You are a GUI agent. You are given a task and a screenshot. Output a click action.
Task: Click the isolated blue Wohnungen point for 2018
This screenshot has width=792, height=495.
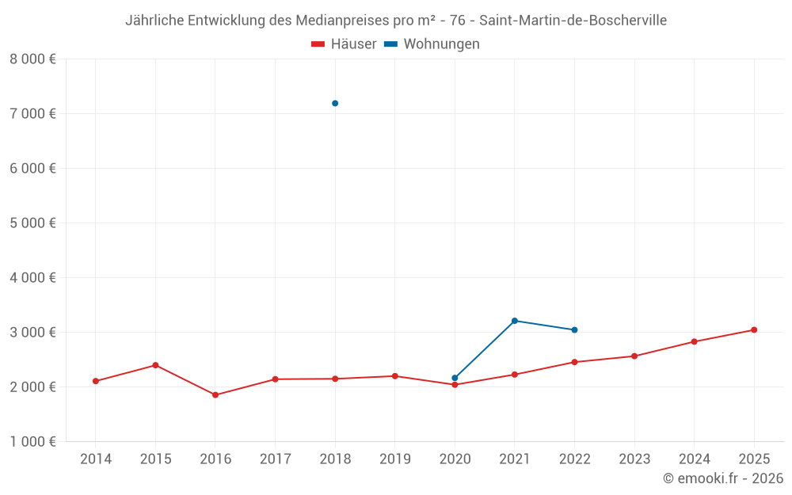tap(335, 103)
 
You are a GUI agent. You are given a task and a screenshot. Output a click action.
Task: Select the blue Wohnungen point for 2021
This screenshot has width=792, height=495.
tap(515, 321)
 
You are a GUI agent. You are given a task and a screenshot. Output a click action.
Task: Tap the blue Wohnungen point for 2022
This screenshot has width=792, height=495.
tap(574, 329)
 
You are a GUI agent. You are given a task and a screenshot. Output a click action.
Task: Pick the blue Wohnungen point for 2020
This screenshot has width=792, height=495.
tap(455, 378)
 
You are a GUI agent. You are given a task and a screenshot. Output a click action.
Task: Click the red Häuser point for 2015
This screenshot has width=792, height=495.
tap(155, 365)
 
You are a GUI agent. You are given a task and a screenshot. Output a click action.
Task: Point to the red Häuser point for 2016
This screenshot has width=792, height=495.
tap(215, 394)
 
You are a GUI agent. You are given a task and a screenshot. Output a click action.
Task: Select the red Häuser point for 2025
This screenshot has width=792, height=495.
tap(754, 329)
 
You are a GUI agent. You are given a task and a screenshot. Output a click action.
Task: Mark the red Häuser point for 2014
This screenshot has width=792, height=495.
tap(96, 381)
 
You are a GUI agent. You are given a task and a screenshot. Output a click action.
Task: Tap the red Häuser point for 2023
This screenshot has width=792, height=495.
tap(634, 356)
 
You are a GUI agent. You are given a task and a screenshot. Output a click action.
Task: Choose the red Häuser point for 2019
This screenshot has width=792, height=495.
tap(394, 376)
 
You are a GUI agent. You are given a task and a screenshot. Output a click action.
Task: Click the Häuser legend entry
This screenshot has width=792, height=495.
tap(344, 44)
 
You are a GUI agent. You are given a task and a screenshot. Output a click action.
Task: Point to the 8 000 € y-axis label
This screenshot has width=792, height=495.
tap(32, 59)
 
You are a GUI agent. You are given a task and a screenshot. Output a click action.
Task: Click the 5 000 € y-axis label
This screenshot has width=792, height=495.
tap(32, 223)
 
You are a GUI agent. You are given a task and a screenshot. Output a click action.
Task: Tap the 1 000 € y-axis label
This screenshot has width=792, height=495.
tap(32, 441)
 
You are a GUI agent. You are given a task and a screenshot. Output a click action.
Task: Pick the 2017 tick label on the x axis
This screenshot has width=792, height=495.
tap(275, 459)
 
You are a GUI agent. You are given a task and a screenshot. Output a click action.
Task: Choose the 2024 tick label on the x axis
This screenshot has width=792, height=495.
tap(694, 459)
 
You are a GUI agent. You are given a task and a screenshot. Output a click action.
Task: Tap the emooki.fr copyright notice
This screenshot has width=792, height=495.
tap(723, 478)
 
